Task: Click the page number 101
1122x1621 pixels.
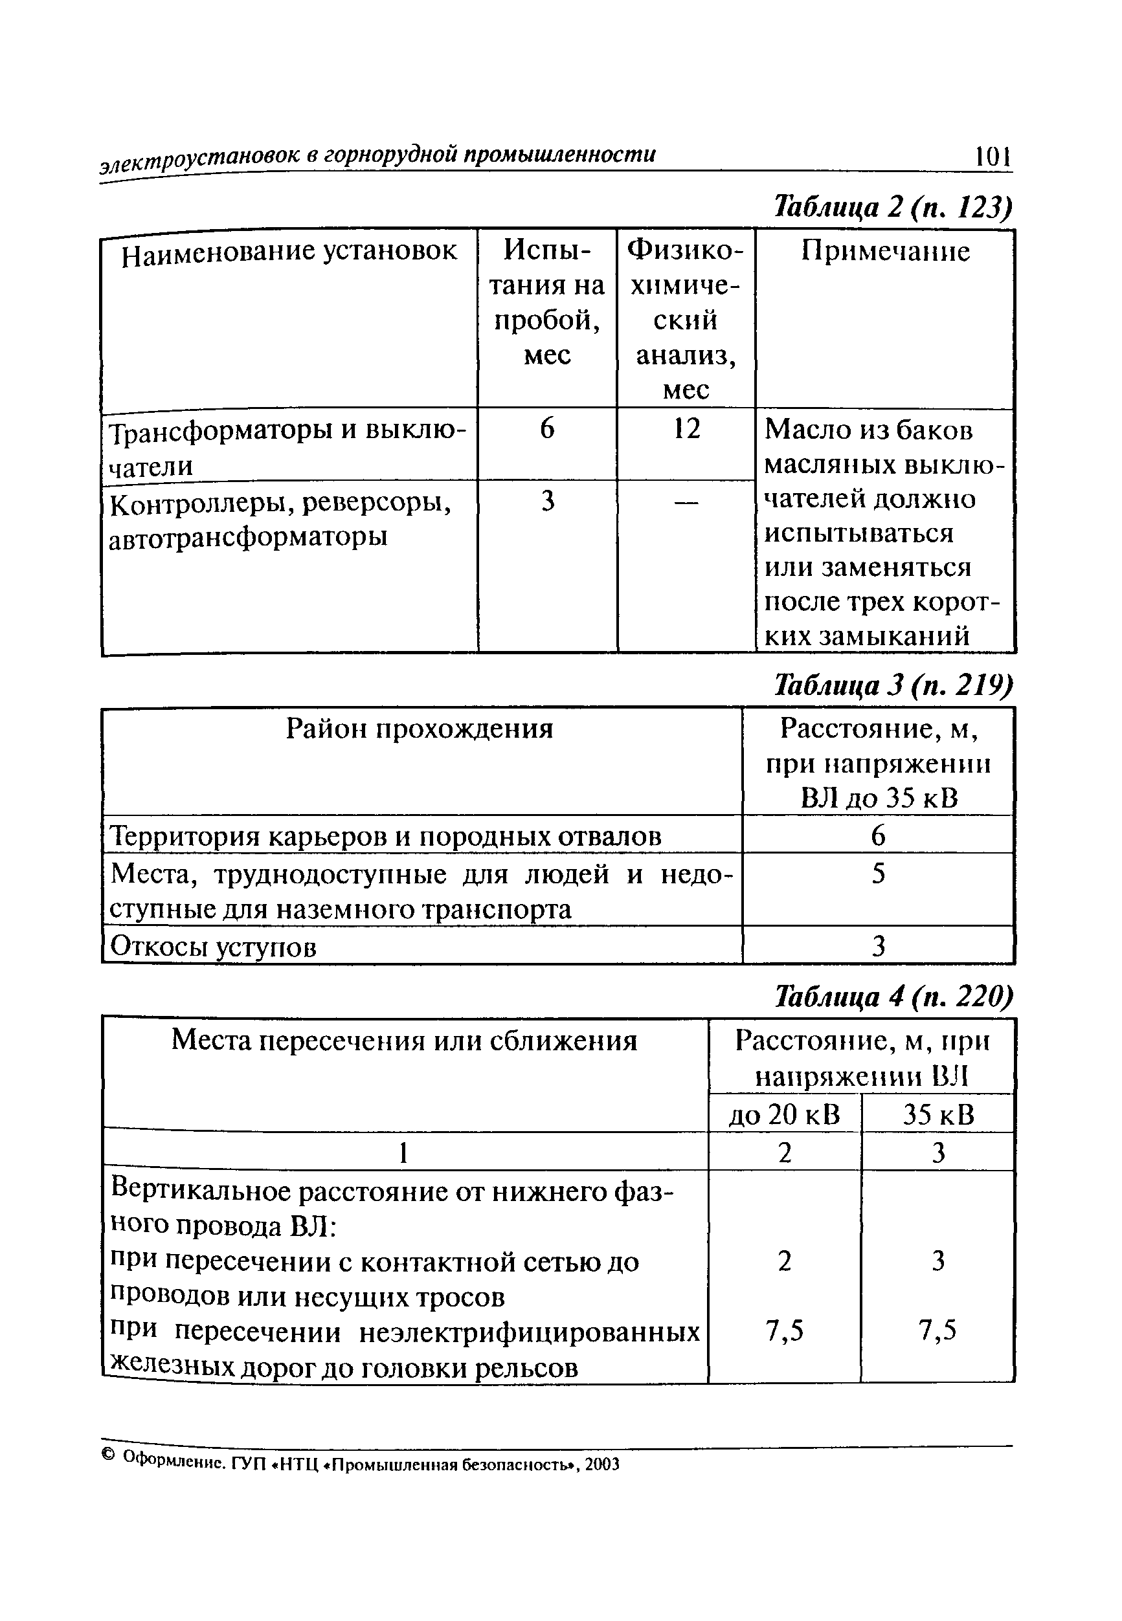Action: pos(993,156)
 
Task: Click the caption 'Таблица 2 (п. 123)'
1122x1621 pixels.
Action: pos(893,207)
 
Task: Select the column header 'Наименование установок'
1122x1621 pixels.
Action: pos(289,252)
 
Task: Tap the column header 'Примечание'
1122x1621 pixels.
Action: pos(885,252)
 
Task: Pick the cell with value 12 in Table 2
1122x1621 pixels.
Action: pos(686,428)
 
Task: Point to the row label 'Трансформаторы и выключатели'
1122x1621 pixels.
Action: pos(287,448)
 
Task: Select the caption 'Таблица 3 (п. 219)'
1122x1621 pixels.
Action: pos(893,686)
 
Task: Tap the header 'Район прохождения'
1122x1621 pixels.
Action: pos(420,729)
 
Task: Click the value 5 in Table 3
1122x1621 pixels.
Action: pos(878,874)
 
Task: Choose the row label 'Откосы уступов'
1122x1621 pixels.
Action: pos(214,947)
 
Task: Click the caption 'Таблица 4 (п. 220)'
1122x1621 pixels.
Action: pos(893,997)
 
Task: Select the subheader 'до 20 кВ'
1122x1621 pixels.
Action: pos(784,1115)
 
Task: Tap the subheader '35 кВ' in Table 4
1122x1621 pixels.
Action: pos(939,1115)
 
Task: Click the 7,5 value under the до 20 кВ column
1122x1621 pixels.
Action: pos(784,1330)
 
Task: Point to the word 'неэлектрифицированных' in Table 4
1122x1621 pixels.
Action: pos(530,1332)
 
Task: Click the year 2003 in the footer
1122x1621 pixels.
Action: pos(603,1465)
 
